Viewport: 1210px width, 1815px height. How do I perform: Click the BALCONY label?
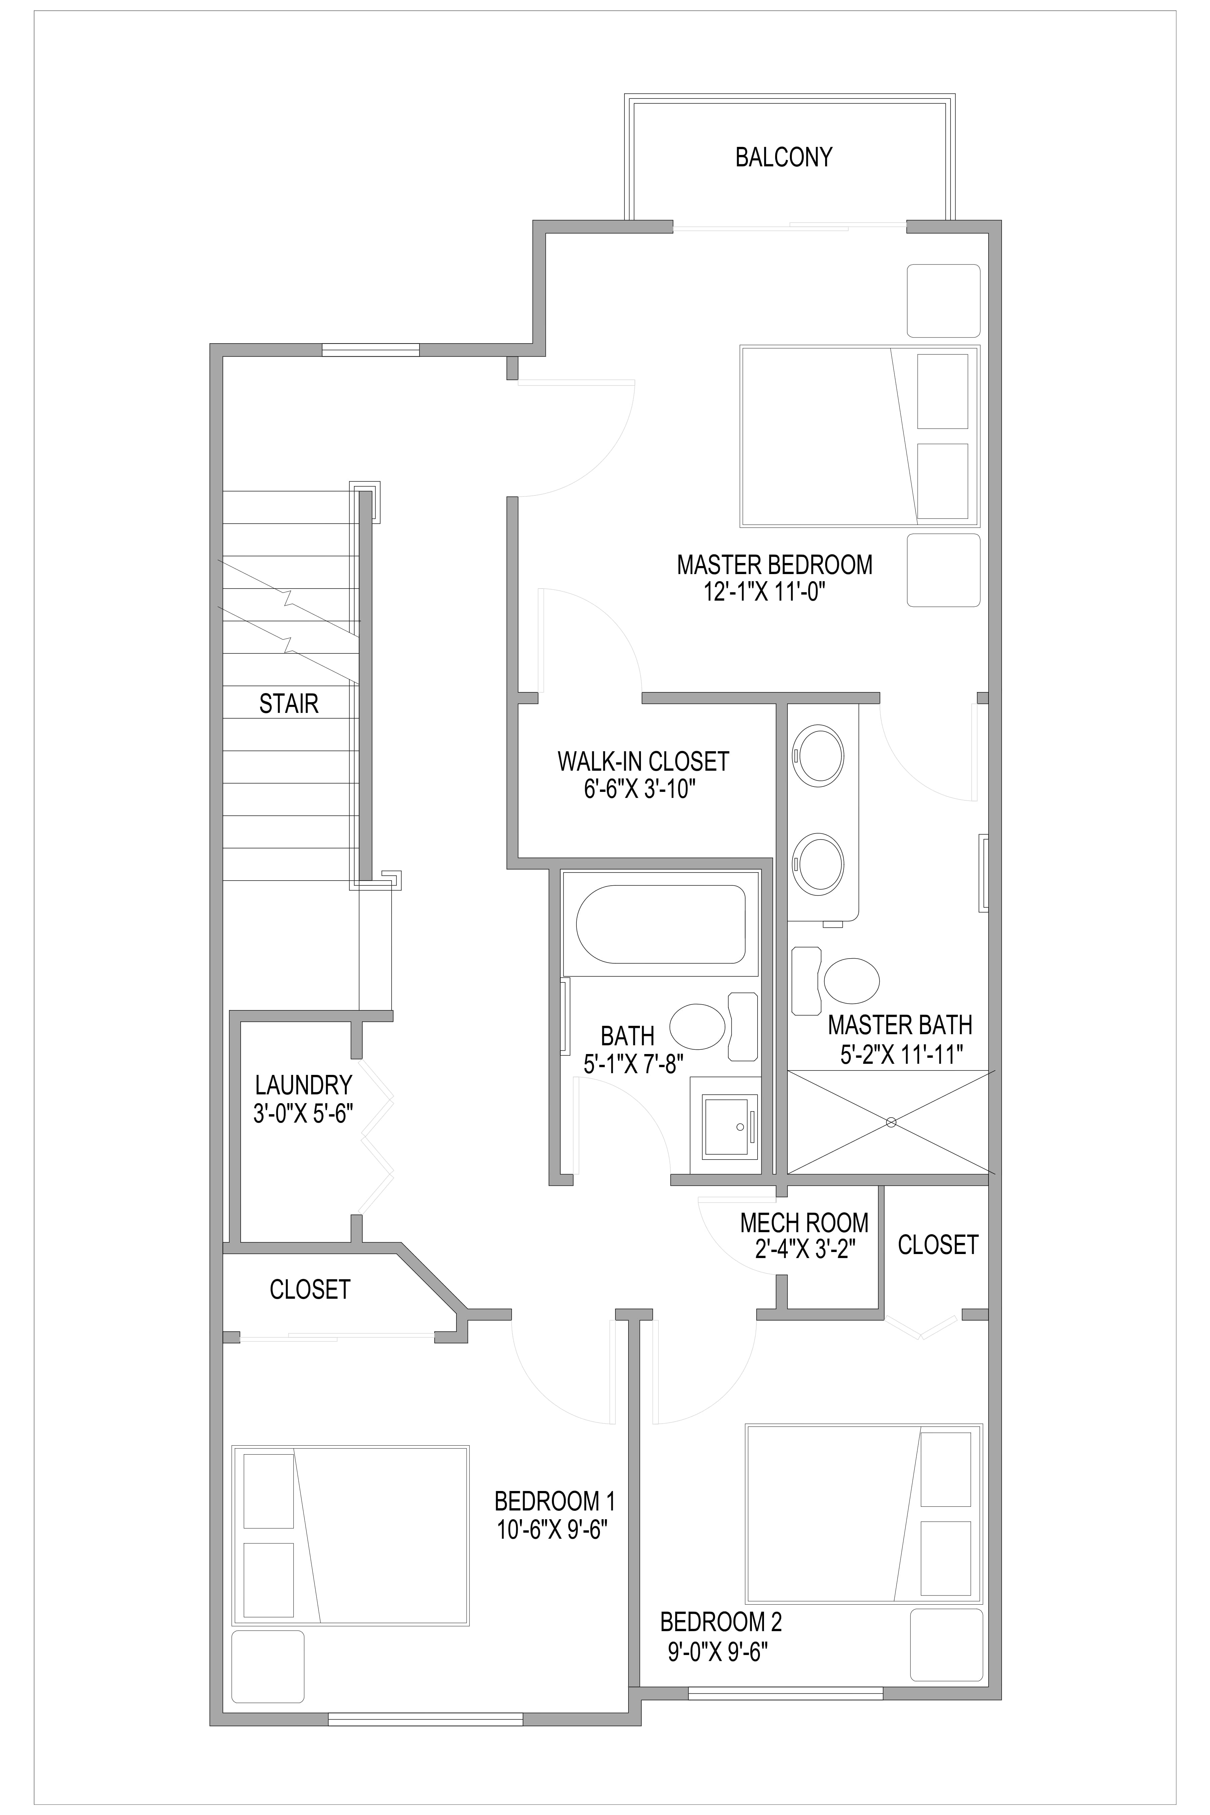tap(783, 157)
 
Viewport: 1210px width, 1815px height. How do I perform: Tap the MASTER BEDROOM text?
tap(775, 565)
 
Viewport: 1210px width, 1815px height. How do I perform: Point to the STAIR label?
tap(289, 704)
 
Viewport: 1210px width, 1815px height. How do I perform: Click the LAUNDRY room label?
tap(303, 1086)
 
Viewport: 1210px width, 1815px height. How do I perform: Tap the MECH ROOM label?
tap(804, 1223)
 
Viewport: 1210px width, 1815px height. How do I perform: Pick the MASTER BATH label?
tap(900, 1025)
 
